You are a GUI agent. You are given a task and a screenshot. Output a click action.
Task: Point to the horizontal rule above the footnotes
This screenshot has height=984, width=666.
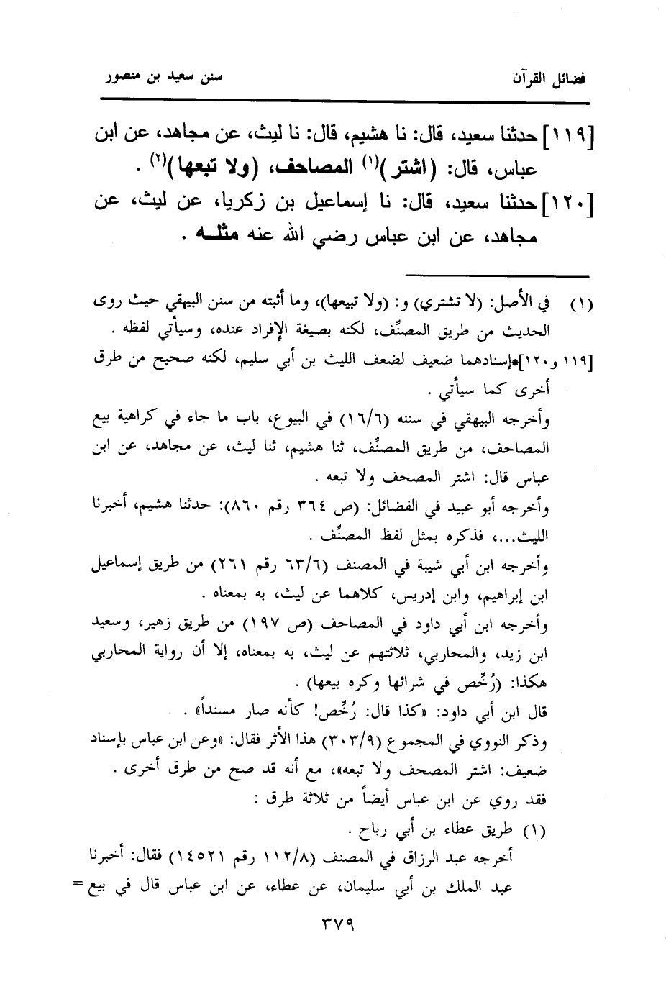(x=496, y=275)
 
